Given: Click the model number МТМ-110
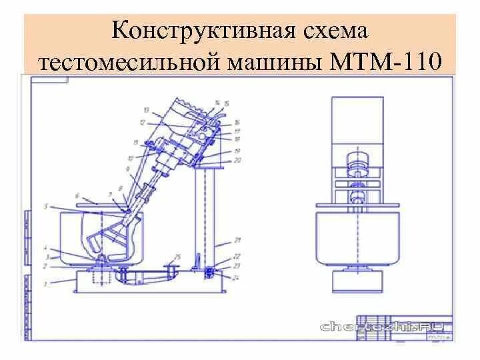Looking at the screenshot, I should pos(385,61).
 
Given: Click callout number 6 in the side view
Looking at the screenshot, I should pos(77,195).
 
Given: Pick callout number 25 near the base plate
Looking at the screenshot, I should pos(177,257).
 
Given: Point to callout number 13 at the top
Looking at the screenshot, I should pos(146,109).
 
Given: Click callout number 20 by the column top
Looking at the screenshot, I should pos(237,160).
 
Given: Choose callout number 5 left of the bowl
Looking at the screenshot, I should pos(46,207).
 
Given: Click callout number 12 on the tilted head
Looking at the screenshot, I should pos(142,123).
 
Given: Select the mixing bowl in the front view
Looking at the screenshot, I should pos(357,237).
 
